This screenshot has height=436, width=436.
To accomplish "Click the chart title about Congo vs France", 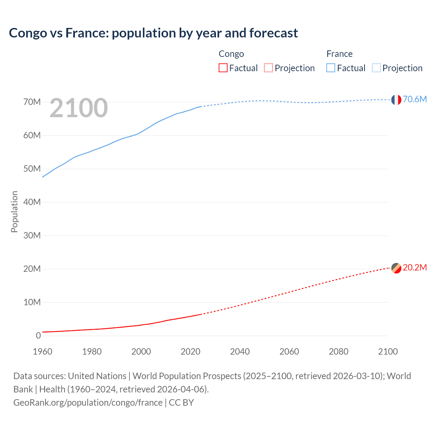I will click(x=153, y=33).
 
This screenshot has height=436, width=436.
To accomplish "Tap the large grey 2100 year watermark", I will click(x=79, y=108).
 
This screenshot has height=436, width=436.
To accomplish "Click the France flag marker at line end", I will click(x=396, y=99).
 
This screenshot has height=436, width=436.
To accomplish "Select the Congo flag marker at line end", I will click(x=396, y=268).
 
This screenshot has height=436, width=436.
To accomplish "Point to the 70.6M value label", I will click(x=415, y=99).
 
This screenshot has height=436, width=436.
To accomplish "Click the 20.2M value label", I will click(x=415, y=267).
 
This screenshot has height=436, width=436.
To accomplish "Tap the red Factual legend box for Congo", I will click(x=223, y=68).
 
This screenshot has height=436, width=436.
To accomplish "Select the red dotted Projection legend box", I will click(x=268, y=68).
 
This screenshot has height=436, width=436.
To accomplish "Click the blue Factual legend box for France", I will click(x=330, y=68).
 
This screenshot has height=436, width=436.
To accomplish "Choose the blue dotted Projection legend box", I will click(x=376, y=68).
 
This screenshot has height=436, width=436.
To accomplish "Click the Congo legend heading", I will click(x=231, y=54).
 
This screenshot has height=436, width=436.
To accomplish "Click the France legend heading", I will click(x=339, y=54).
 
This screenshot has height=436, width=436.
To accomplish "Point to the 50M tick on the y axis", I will click(x=32, y=169).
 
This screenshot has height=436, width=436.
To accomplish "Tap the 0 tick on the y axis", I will click(x=38, y=336).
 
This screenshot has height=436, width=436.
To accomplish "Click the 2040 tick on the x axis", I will click(x=240, y=352).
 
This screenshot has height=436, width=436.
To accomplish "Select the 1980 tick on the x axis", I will click(x=92, y=352).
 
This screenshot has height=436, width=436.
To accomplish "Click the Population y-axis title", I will click(x=14, y=212).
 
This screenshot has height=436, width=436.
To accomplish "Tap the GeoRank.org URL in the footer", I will click(x=88, y=403).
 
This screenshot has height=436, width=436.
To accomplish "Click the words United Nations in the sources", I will click(x=97, y=376).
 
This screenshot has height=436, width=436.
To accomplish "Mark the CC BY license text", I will click(x=181, y=403).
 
